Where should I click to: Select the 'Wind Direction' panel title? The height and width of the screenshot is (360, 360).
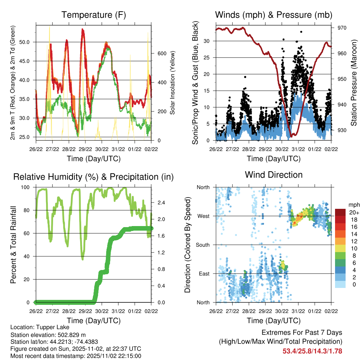click(x=274, y=174)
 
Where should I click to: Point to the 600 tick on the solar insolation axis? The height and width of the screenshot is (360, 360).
click(x=161, y=53)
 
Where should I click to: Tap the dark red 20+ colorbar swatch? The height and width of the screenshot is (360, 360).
click(x=340, y=212)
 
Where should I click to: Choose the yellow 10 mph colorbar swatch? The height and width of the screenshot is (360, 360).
click(x=340, y=248)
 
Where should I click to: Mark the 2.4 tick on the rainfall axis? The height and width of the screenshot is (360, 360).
click(x=162, y=202)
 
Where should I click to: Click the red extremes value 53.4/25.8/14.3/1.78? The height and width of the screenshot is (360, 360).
click(x=313, y=351)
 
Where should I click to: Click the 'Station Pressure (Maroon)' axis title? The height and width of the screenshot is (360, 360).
click(x=354, y=82)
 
